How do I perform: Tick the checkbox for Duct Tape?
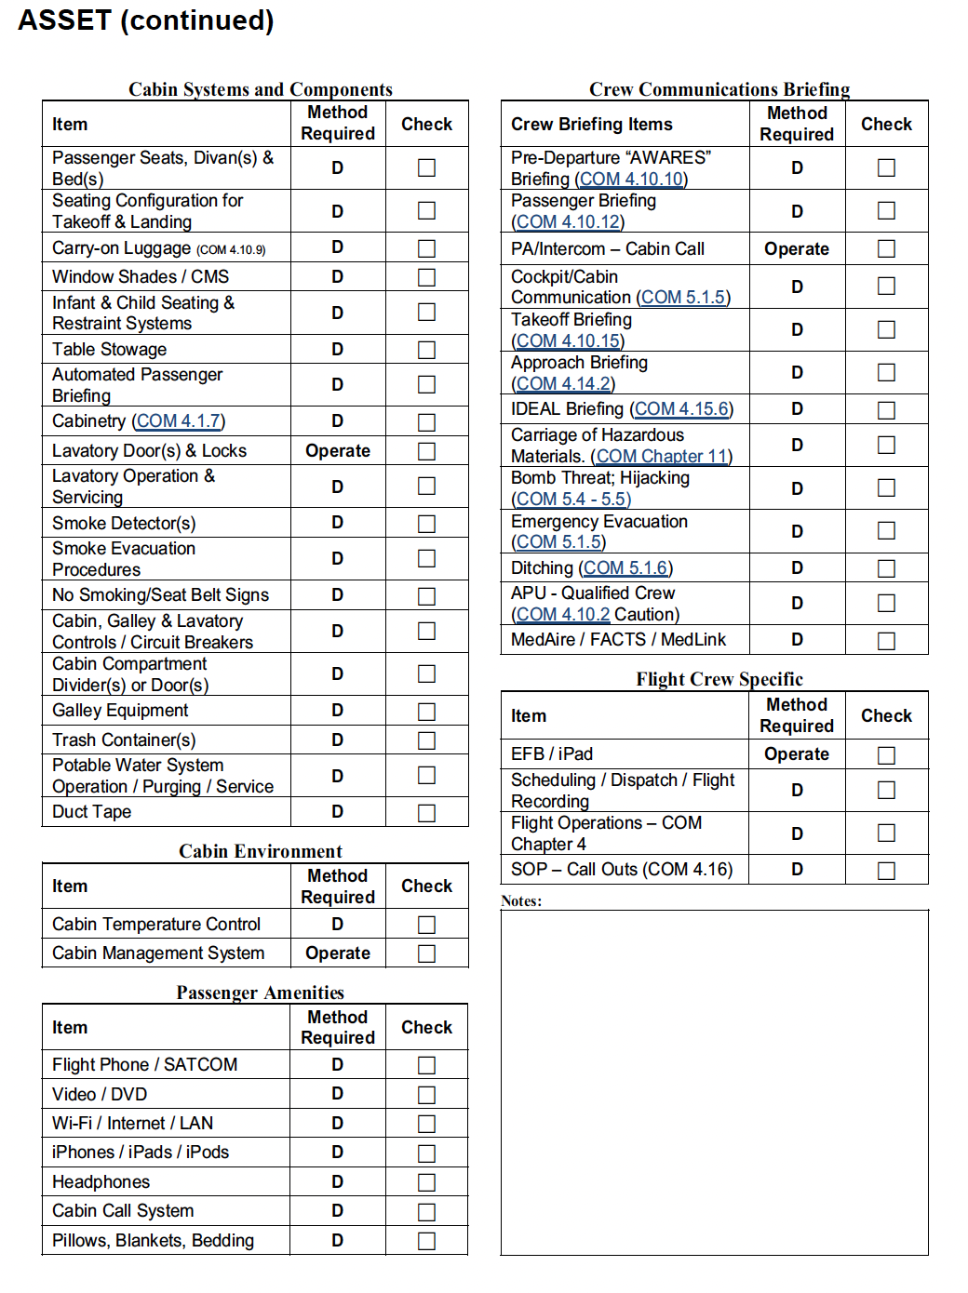point(426,813)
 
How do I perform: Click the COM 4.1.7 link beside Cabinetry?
point(179,421)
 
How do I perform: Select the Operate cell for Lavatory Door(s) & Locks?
point(338,451)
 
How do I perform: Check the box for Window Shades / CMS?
point(426,277)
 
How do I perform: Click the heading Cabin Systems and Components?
point(260,89)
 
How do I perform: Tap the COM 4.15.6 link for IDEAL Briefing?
point(681,409)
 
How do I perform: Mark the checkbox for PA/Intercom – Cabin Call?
point(886,249)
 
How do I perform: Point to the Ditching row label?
point(542,568)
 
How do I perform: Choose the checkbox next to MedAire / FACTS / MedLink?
point(886,641)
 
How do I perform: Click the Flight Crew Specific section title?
point(719,679)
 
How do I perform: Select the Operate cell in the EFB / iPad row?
point(796,754)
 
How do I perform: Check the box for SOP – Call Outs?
point(886,871)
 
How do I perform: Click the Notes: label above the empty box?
point(521,901)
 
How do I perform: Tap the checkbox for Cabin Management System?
point(426,954)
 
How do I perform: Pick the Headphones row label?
point(101,1182)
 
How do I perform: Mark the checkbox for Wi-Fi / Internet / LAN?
point(426,1125)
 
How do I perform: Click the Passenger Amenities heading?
point(260,993)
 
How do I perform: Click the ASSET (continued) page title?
point(146,20)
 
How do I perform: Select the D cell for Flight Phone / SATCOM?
point(337,1065)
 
